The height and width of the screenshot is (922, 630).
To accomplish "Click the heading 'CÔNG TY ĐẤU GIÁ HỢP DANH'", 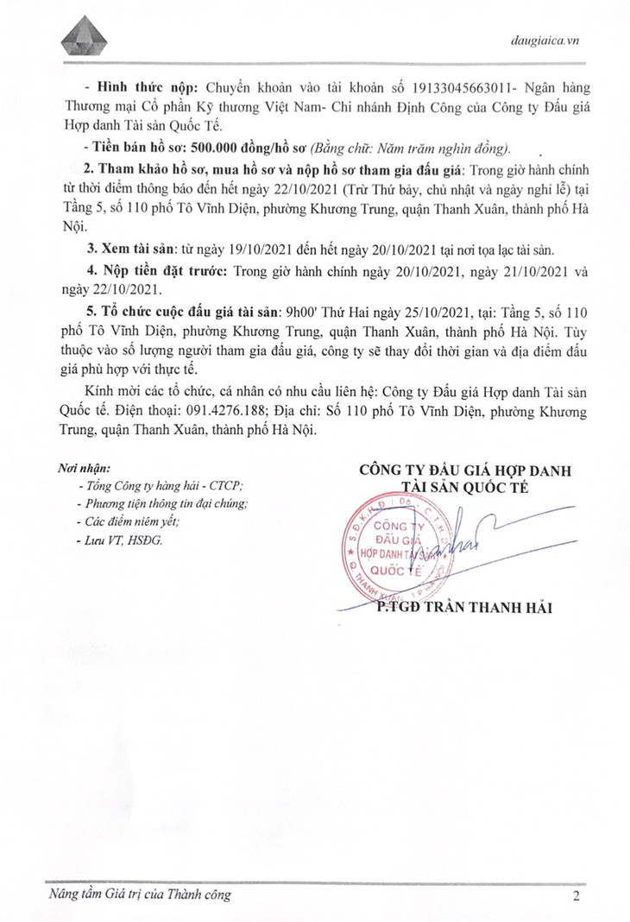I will point(467,469).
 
